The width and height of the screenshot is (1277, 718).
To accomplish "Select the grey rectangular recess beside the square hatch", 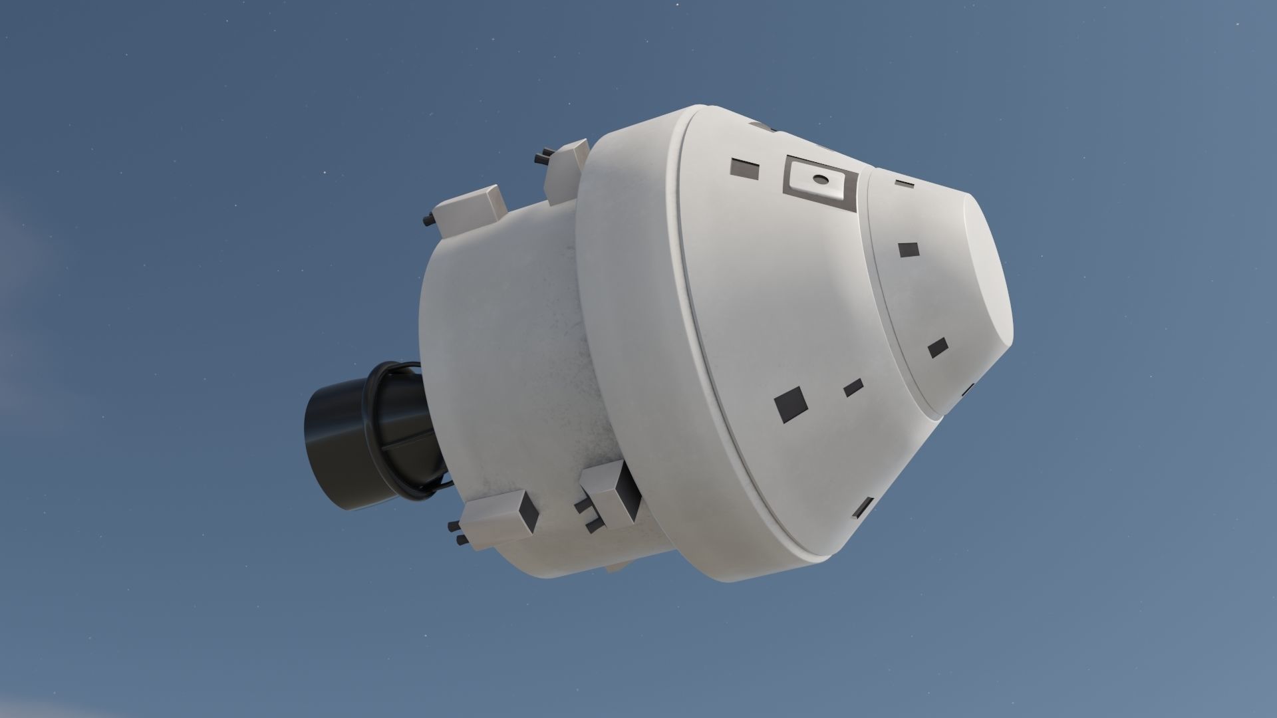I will coord(745,169).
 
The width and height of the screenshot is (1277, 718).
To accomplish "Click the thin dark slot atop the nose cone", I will coord(904,182).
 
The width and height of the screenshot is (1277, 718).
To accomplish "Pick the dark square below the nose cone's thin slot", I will coord(908,250).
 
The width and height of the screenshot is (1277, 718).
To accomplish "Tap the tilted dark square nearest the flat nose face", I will coord(938,347).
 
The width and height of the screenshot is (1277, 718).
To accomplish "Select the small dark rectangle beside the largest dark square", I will coord(853,388).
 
